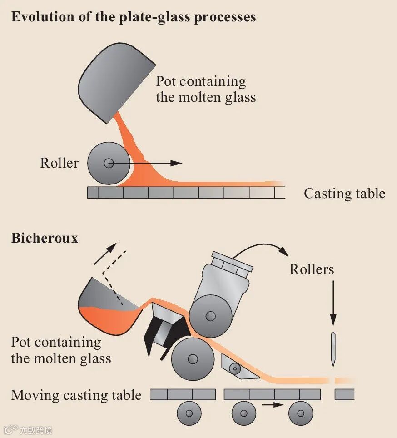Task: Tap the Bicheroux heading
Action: [45, 238]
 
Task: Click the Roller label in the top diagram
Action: [59, 163]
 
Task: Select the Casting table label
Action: [344, 194]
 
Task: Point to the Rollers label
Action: [312, 269]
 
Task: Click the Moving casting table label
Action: [76, 395]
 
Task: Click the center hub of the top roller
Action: [108, 164]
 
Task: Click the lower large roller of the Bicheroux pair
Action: [193, 359]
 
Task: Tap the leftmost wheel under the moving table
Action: [189, 413]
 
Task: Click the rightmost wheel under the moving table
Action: [301, 413]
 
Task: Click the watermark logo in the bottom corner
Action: [28, 430]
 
